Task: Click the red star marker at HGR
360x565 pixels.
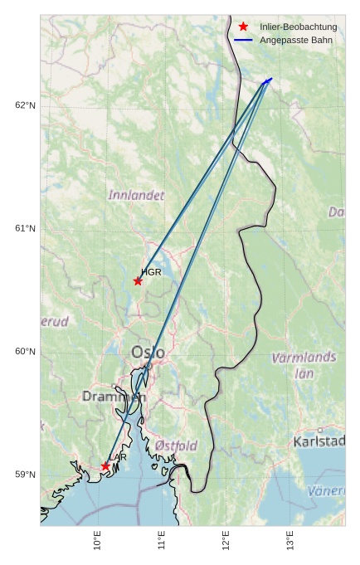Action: (x=138, y=281)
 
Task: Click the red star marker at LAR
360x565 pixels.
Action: (x=105, y=466)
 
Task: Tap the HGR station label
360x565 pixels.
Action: (x=151, y=272)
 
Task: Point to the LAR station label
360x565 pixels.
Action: (x=118, y=457)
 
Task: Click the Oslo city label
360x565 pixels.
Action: (x=148, y=353)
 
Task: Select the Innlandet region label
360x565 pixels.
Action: (x=136, y=195)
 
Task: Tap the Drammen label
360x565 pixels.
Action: (x=114, y=397)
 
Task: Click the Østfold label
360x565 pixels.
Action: (x=176, y=446)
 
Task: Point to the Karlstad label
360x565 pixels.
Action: (x=319, y=441)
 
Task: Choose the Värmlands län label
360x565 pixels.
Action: (x=304, y=364)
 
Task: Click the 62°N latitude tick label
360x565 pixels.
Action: (x=26, y=105)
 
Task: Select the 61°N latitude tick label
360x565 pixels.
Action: (x=26, y=228)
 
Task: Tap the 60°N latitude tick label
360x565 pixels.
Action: (x=26, y=352)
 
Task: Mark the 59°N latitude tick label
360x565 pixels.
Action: (x=26, y=475)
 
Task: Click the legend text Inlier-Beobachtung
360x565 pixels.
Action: (x=298, y=27)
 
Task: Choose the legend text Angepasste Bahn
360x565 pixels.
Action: (x=294, y=40)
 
